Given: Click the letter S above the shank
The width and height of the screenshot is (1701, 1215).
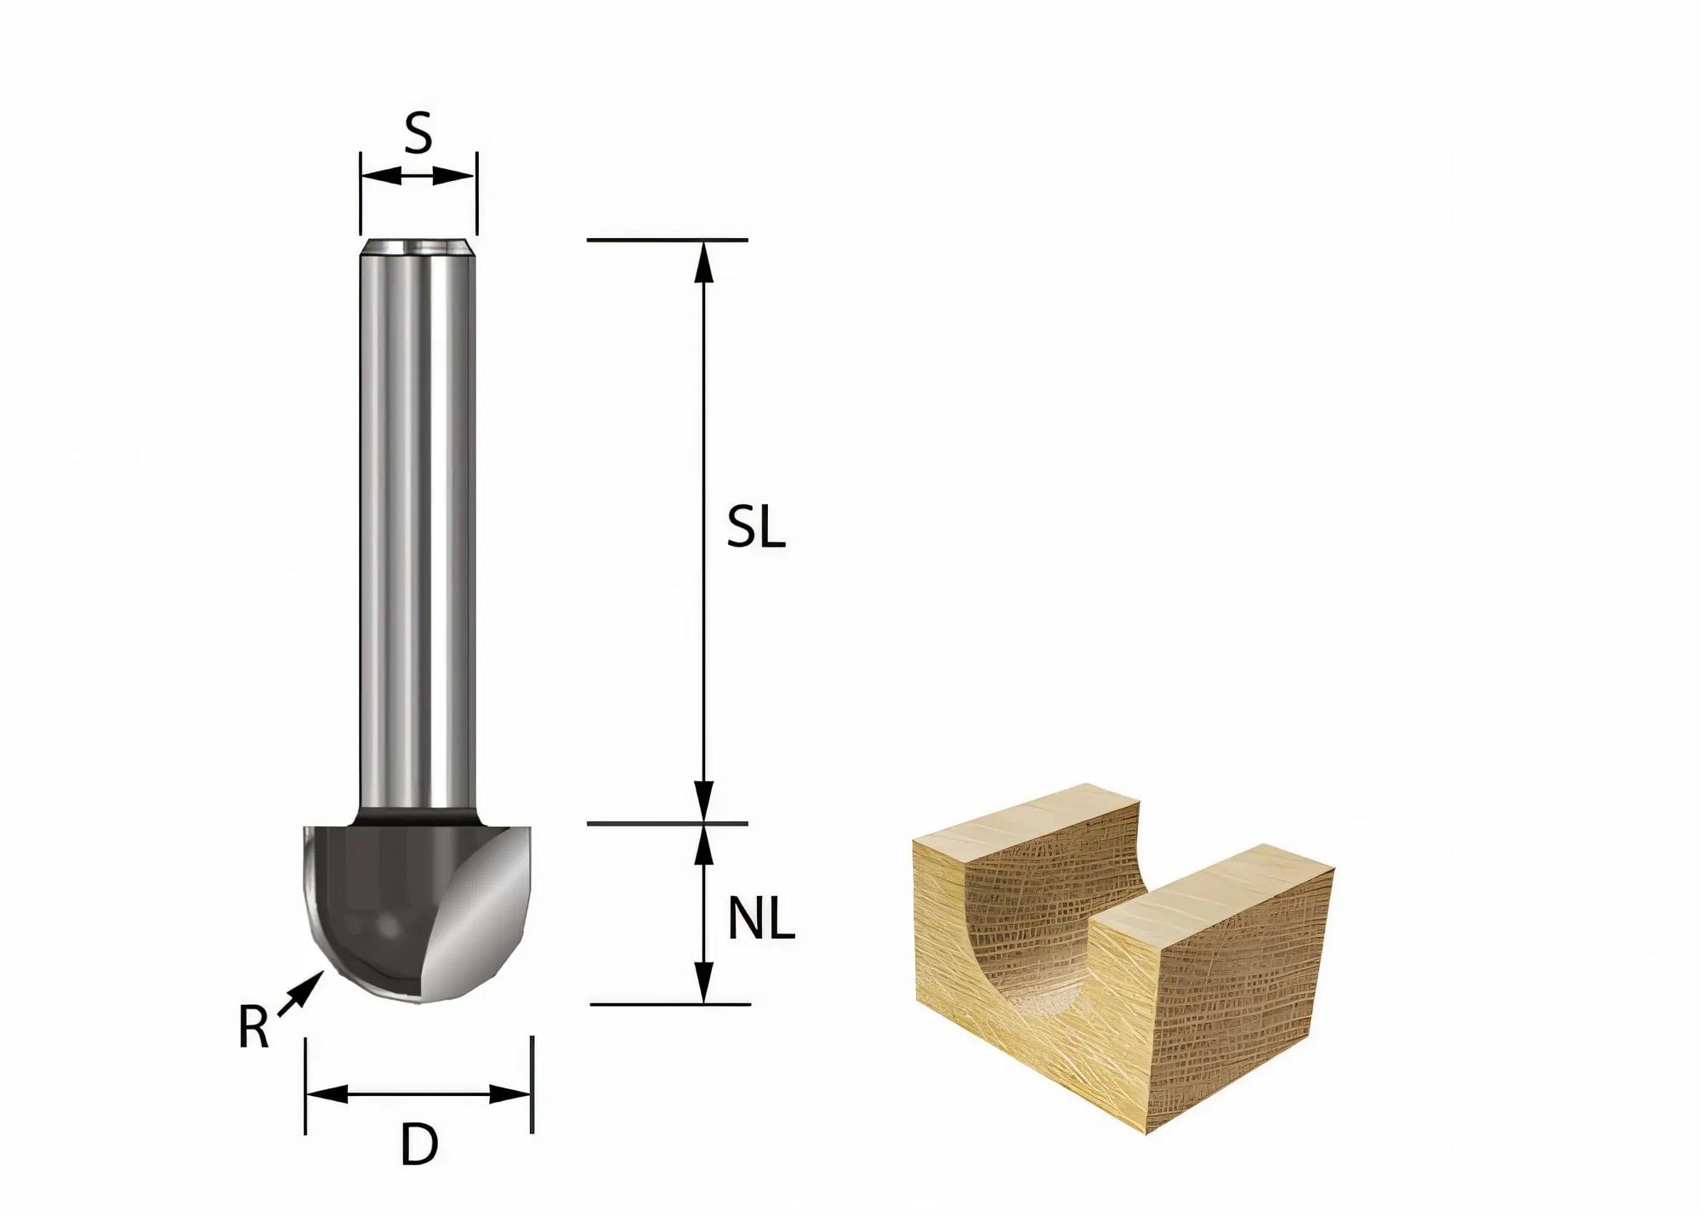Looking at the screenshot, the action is [418, 133].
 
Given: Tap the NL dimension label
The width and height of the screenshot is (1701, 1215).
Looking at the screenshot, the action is [760, 920].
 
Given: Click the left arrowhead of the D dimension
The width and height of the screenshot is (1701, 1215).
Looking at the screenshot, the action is [327, 1094].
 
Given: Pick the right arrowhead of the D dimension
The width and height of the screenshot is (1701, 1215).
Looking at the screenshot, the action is [510, 1094].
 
